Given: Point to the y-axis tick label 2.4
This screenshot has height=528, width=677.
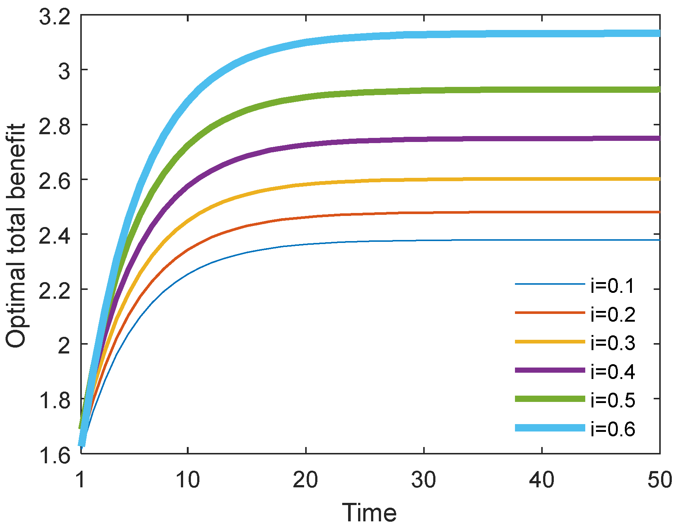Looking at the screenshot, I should [54, 234].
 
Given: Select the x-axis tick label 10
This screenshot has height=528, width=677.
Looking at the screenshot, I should [188, 480].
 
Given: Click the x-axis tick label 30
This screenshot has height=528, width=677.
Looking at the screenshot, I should [424, 480].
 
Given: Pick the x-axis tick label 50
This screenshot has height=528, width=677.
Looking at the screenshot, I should [660, 480].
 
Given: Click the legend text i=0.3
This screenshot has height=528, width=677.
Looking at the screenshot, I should [613, 343].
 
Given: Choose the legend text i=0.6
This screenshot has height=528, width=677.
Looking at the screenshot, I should [613, 429].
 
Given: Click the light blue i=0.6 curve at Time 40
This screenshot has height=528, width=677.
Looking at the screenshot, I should [542, 34].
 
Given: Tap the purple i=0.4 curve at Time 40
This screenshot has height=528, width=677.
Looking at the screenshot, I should [542, 139].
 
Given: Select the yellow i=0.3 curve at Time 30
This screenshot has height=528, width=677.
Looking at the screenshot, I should [424, 180].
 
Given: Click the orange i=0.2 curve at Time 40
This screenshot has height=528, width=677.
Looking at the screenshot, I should [542, 212].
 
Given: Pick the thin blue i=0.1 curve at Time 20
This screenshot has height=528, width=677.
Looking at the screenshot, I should [306, 244].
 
